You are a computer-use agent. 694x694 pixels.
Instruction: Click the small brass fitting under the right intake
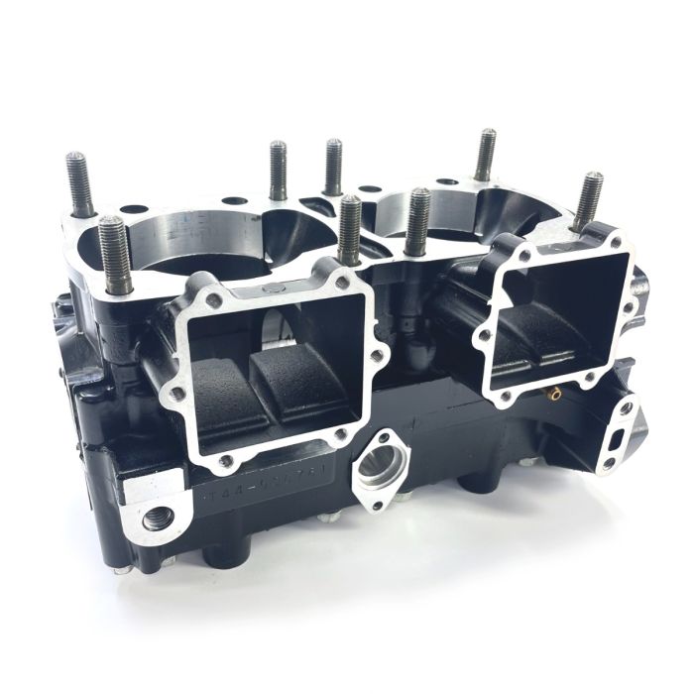(x=555, y=394)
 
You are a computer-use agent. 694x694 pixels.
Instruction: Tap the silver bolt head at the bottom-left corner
(x=122, y=570)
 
